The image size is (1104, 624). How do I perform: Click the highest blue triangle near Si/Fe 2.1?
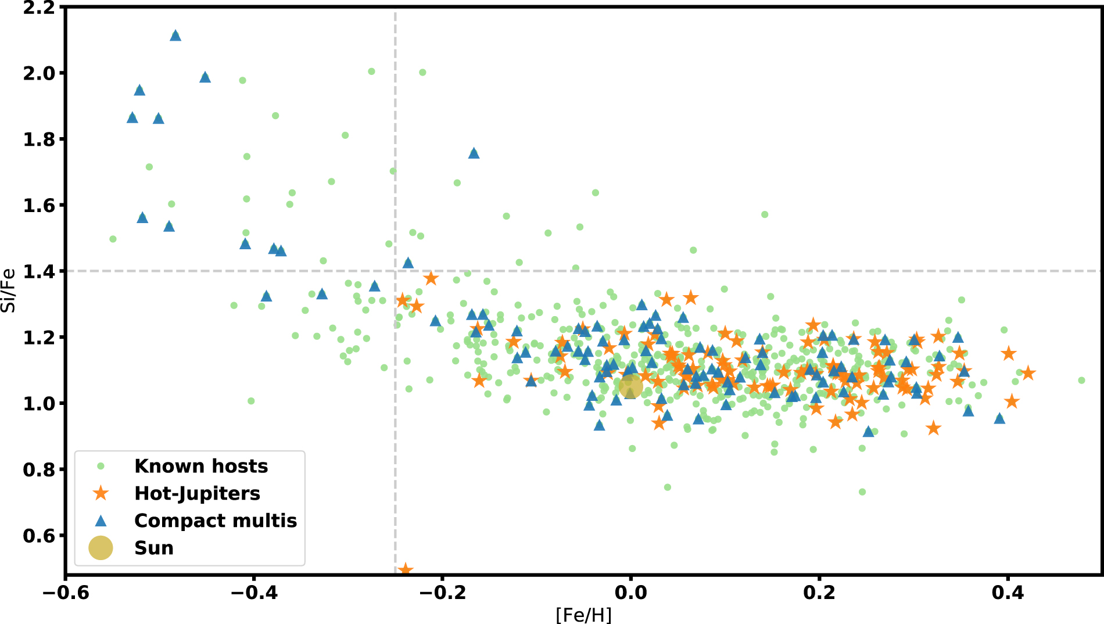pos(175,36)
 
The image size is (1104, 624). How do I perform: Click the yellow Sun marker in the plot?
pos(630,386)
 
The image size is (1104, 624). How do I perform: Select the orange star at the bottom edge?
pos(406,569)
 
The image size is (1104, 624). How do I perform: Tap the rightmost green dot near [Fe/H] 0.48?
pos(1081,381)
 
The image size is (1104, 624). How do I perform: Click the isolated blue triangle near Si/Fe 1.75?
pos(474,153)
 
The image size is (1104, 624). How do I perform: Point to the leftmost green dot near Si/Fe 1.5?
pos(113,239)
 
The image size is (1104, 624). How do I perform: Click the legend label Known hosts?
pos(201,466)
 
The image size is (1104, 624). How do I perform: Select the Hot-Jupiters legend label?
pos(197,493)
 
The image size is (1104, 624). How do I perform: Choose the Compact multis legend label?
pos(216,521)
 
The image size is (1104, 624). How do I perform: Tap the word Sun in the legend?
pos(154,548)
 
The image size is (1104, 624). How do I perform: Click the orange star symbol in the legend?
pos(101,493)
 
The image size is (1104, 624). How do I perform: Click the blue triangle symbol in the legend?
pos(101,521)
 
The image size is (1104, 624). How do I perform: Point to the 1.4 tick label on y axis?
pos(40,271)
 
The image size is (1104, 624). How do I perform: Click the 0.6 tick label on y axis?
pos(40,536)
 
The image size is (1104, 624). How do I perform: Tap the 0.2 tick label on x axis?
pos(819,593)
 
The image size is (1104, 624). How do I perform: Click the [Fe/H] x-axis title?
pos(584,615)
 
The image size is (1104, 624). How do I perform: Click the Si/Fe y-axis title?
pos(8,291)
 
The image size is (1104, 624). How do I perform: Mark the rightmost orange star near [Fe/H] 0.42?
pos(1028,373)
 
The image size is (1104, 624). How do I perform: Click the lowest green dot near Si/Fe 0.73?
pos(862,492)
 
